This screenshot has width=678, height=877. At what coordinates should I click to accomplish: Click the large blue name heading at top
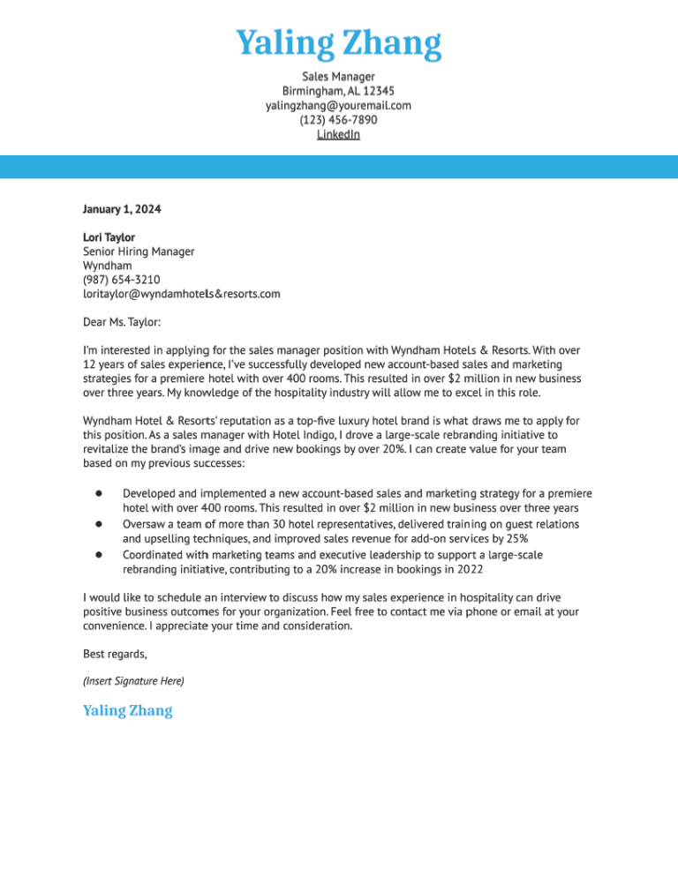click(x=338, y=43)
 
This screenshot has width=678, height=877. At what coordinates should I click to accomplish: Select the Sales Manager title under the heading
click(x=338, y=77)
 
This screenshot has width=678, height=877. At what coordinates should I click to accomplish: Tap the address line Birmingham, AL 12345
click(x=338, y=91)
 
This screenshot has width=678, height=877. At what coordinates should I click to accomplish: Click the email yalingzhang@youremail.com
click(x=338, y=105)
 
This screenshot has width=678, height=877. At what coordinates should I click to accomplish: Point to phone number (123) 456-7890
click(x=338, y=120)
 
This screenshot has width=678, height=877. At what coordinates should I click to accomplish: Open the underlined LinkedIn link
click(x=338, y=134)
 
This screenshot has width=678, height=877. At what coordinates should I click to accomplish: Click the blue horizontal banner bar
click(x=338, y=167)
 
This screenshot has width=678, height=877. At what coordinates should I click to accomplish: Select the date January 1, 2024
click(x=122, y=209)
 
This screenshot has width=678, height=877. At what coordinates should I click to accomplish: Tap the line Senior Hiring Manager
click(x=138, y=251)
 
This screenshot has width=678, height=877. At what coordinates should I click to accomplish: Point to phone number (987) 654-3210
click(x=121, y=280)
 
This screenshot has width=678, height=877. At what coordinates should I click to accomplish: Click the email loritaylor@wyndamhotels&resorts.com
click(x=181, y=294)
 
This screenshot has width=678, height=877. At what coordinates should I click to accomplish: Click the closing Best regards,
click(x=115, y=654)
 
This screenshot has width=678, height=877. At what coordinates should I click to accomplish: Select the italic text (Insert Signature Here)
click(x=133, y=681)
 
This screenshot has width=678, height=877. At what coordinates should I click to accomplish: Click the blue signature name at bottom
click(x=127, y=710)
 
